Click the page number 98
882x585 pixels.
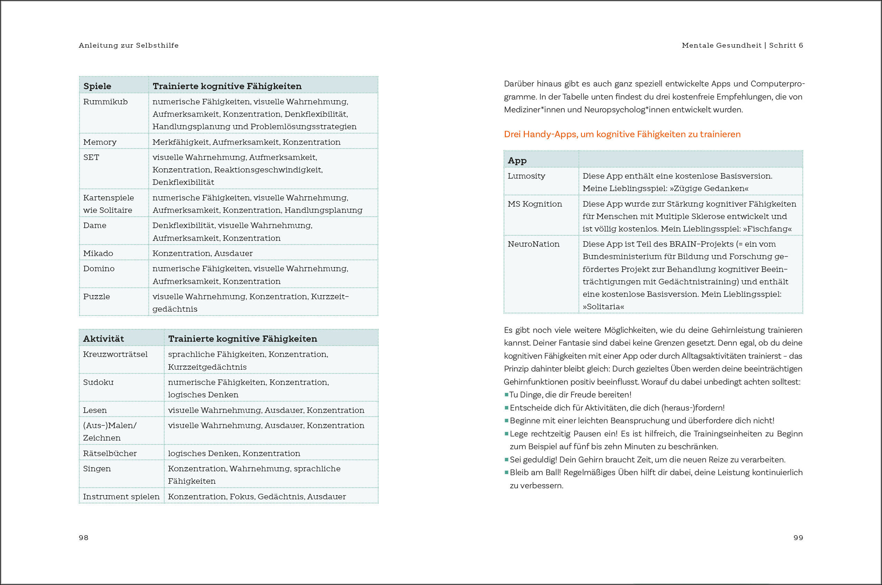click(x=84, y=538)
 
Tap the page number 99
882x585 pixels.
click(x=798, y=538)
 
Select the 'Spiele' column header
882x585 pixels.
click(x=97, y=86)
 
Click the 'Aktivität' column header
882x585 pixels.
click(x=103, y=339)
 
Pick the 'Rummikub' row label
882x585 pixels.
click(x=105, y=102)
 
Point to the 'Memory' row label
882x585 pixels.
click(x=99, y=142)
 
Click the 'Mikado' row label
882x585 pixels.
click(x=98, y=253)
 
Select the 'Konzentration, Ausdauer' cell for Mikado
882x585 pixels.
click(x=202, y=253)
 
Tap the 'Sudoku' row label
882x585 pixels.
click(x=98, y=382)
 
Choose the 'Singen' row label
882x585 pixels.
click(x=97, y=469)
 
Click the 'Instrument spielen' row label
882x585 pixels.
click(x=121, y=497)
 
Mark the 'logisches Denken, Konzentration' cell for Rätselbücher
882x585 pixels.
click(x=234, y=453)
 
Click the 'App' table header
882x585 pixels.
click(x=517, y=160)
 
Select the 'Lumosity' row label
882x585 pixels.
click(x=526, y=176)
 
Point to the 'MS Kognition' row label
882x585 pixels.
click(x=535, y=204)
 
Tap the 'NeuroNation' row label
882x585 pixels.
click(x=534, y=244)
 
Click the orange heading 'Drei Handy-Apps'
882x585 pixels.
click(x=622, y=134)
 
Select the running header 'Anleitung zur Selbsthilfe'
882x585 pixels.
click(x=129, y=46)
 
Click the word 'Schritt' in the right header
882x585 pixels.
click(x=783, y=46)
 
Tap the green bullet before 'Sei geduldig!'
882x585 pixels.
click(x=506, y=460)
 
